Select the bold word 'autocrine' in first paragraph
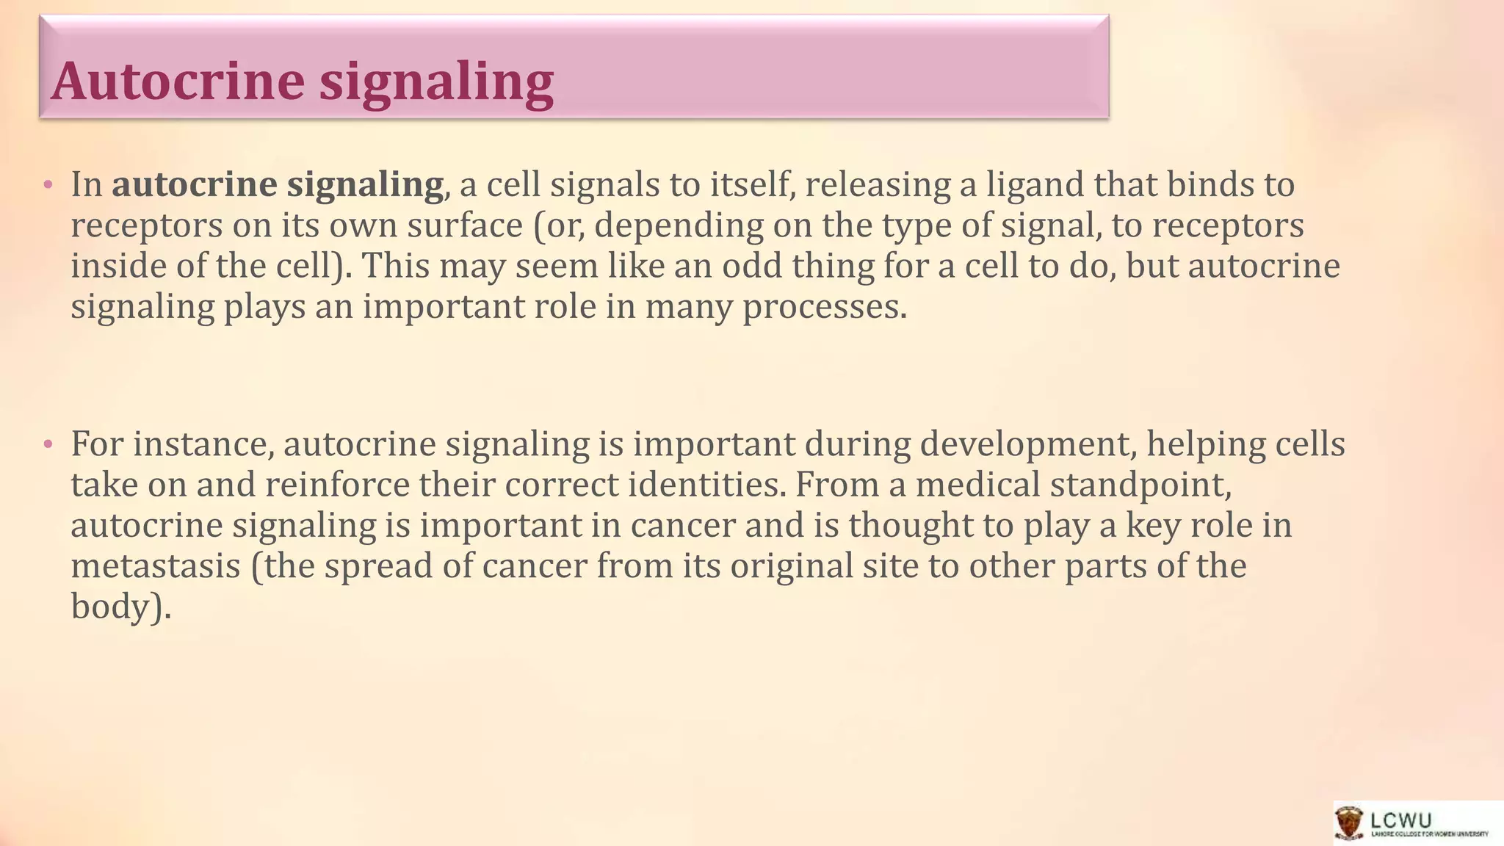(194, 184)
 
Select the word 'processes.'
(825, 307)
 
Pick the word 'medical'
(977, 485)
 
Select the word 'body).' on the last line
(120, 607)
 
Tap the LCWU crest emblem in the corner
(1350, 823)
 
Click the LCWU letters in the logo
(1400, 819)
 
